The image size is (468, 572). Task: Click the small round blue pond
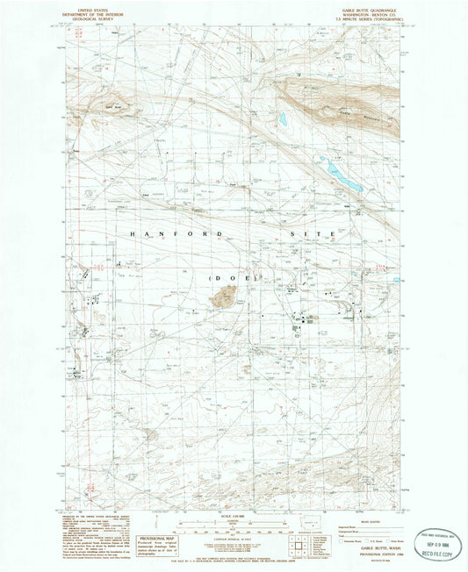tap(284, 119)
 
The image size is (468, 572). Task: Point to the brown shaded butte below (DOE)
tap(222, 299)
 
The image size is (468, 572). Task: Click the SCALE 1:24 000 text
tap(234, 512)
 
